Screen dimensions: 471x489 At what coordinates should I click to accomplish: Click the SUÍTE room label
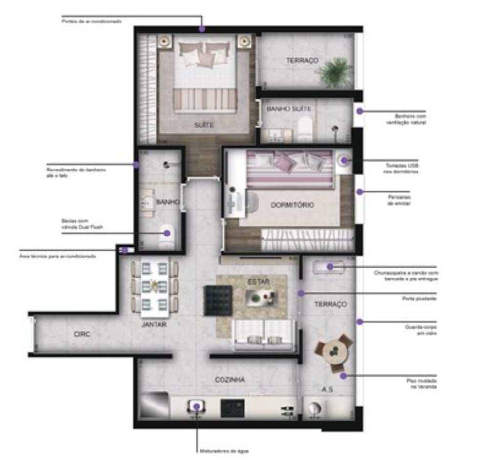pyautogui.click(x=204, y=126)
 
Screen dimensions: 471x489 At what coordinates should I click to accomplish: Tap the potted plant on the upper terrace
pyautogui.click(x=335, y=72)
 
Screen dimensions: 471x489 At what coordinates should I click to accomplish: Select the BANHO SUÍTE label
pyautogui.click(x=289, y=109)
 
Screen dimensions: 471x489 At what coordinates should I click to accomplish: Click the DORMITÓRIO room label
pyautogui.click(x=292, y=205)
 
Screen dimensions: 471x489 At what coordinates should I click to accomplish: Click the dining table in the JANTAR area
pyautogui.click(x=155, y=287)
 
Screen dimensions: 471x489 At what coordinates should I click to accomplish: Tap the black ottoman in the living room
pyautogui.click(x=218, y=300)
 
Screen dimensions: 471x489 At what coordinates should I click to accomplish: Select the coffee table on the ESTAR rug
pyautogui.click(x=261, y=297)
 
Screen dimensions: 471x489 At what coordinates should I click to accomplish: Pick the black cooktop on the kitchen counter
pyautogui.click(x=232, y=408)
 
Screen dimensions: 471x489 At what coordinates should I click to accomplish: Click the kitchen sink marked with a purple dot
pyautogui.click(x=197, y=406)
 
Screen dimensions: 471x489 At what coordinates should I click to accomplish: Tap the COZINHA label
pyautogui.click(x=230, y=380)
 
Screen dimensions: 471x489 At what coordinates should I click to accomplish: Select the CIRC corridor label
pyautogui.click(x=83, y=334)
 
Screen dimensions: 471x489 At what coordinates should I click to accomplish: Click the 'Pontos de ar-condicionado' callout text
pyautogui.click(x=91, y=21)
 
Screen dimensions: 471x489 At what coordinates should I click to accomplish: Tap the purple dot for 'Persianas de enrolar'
pyautogui.click(x=359, y=192)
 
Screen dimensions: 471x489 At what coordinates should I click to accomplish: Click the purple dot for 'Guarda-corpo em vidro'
pyautogui.click(x=359, y=321)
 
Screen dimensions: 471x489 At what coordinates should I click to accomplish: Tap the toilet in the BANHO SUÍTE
pyautogui.click(x=305, y=126)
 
